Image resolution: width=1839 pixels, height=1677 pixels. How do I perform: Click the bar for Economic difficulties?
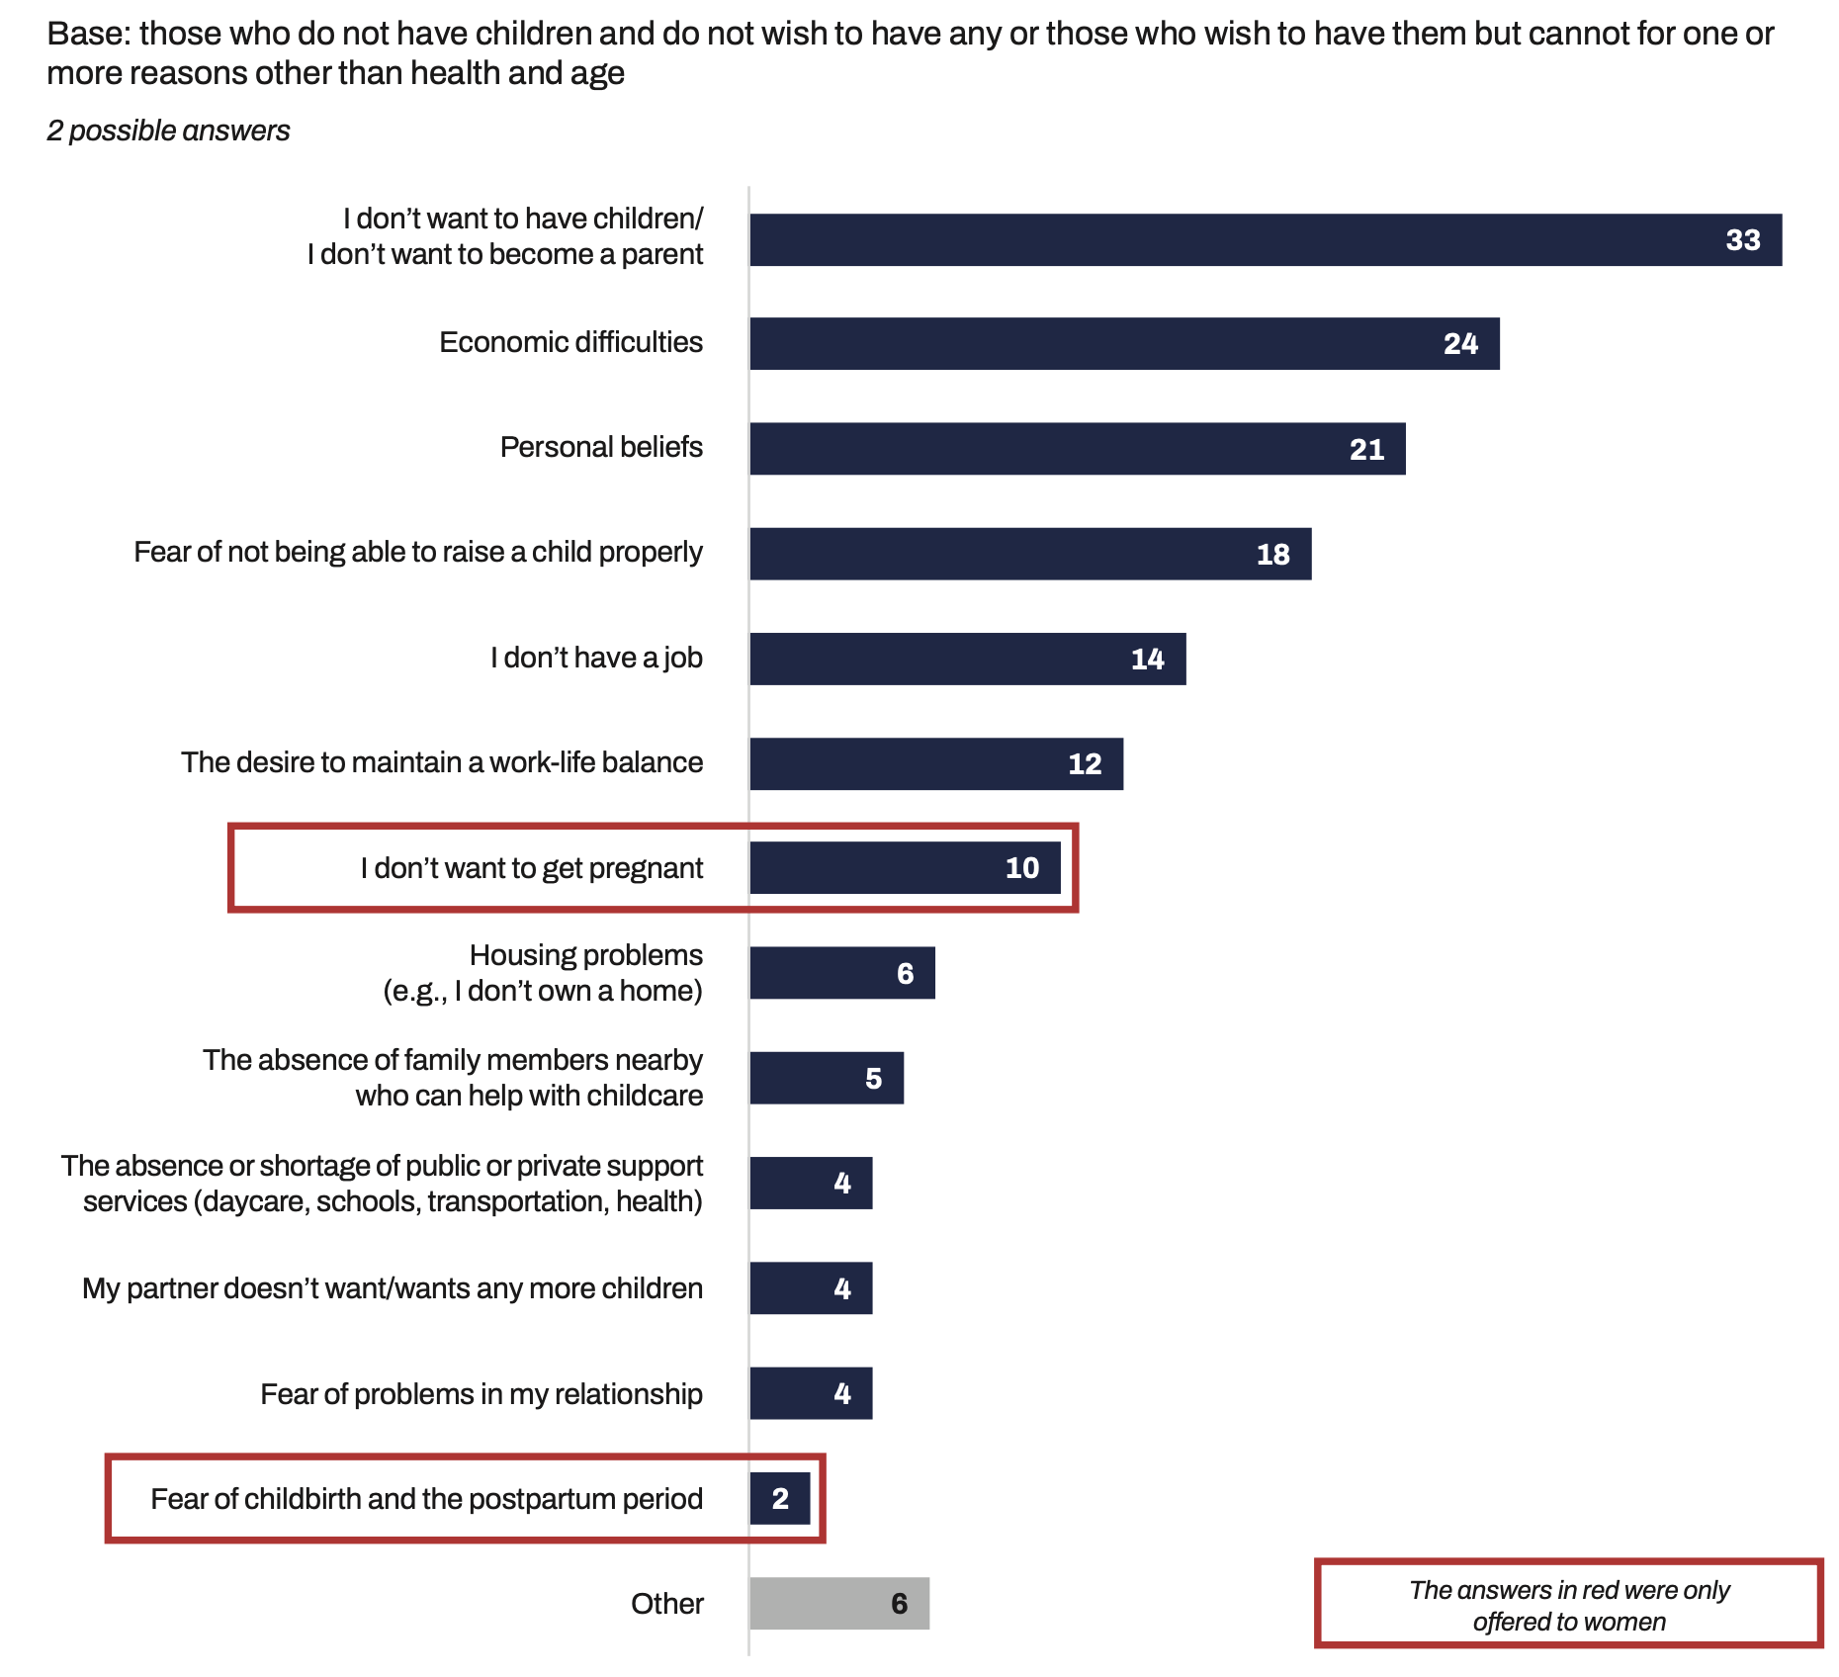coord(1123,343)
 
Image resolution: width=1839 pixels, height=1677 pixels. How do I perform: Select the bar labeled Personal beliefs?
coord(1077,449)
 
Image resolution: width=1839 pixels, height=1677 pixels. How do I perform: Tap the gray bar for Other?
coord(838,1603)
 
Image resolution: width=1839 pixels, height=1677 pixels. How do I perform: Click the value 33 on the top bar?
coord(1743,240)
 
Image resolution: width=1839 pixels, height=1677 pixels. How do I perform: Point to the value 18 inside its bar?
coord(1272,555)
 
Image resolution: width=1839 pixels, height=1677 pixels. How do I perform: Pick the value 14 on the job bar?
coord(1147,660)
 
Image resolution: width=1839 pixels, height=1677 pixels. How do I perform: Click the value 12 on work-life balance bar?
coord(1085,764)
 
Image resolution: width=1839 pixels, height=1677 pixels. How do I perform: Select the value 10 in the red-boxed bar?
coord(1021,868)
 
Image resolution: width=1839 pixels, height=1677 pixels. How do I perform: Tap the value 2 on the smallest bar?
coord(780,1499)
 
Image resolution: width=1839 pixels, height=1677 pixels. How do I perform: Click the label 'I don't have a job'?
coord(596,658)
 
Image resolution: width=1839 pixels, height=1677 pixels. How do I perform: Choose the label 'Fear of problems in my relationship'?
coord(482,1394)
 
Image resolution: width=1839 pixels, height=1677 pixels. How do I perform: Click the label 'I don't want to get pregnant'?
coord(531,868)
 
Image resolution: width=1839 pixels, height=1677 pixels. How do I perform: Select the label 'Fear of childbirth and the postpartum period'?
coord(426,1499)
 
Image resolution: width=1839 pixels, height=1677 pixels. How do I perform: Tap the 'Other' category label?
coord(667,1604)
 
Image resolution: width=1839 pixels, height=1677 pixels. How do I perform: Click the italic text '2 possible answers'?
coord(168,131)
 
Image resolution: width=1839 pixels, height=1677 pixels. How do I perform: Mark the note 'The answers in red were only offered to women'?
coord(1569,1605)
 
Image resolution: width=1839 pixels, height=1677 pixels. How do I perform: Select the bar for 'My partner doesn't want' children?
coord(811,1288)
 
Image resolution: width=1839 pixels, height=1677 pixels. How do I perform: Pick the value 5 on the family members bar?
coord(873,1079)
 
